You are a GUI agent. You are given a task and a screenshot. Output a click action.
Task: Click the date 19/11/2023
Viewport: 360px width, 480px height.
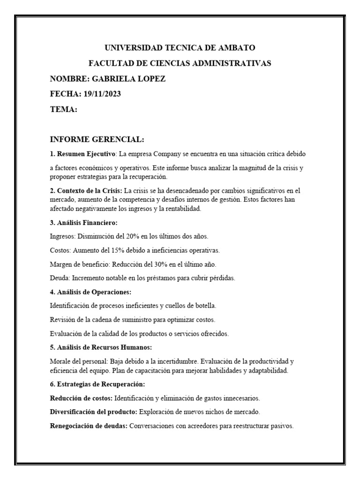click(x=102, y=94)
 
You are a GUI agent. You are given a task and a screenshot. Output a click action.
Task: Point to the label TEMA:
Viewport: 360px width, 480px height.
click(x=63, y=109)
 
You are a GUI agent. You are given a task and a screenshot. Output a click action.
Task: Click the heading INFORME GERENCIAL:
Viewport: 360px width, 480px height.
click(x=97, y=139)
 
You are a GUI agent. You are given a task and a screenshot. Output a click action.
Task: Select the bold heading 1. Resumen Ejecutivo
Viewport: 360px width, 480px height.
click(x=82, y=153)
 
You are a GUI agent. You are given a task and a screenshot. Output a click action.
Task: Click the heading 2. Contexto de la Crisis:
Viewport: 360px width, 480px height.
click(x=86, y=190)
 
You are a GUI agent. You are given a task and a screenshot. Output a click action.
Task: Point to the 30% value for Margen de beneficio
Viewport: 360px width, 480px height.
click(x=156, y=264)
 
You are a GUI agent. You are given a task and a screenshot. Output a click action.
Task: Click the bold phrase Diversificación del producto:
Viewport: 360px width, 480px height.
click(x=93, y=412)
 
